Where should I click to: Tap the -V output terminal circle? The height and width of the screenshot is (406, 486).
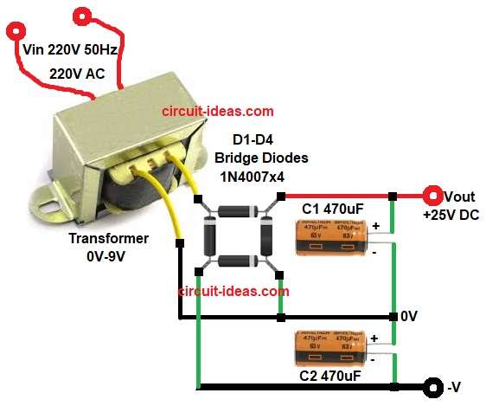point(431,386)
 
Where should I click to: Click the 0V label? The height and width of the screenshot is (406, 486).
point(411,317)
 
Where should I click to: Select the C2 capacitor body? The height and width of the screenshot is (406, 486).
point(332,347)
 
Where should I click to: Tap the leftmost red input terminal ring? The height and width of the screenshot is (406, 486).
point(16,33)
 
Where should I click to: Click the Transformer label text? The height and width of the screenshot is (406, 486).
point(110,238)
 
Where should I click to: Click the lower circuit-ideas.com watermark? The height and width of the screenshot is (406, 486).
point(233,292)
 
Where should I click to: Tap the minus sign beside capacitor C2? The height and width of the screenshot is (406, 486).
point(373,356)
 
